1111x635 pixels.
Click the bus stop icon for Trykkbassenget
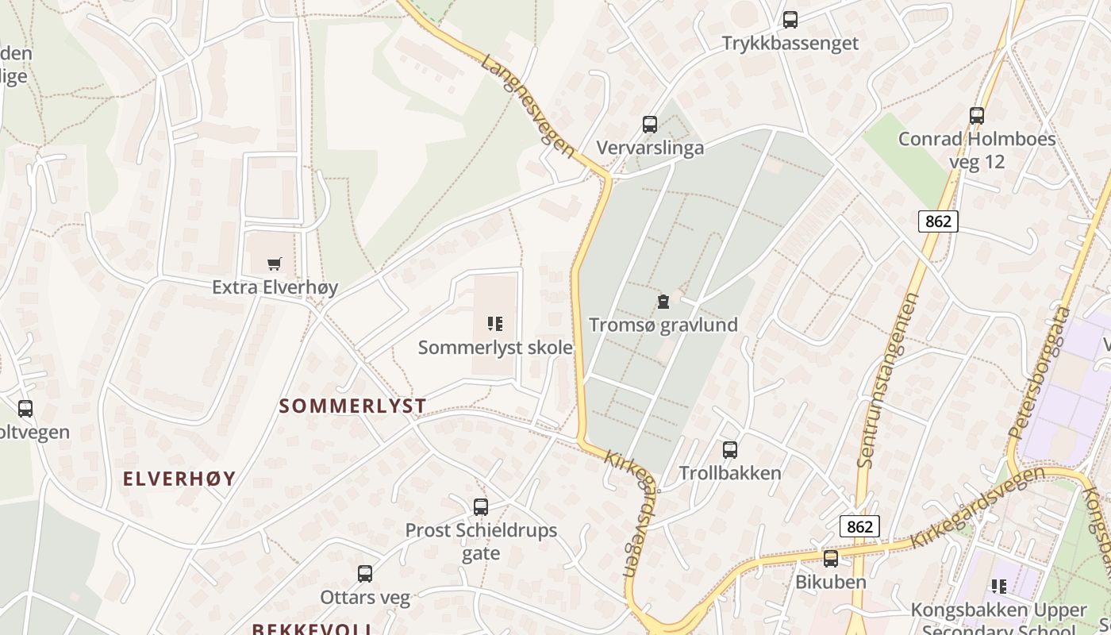(x=790, y=20)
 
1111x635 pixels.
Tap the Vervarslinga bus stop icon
(x=650, y=125)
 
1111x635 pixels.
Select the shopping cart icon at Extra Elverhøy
(x=275, y=264)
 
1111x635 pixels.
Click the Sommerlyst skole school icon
(x=495, y=324)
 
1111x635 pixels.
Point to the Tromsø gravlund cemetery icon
(x=663, y=302)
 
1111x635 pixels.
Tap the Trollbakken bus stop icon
(x=730, y=450)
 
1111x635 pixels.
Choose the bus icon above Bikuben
(x=831, y=559)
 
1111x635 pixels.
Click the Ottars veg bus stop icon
(x=365, y=574)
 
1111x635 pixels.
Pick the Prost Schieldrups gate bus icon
(x=480, y=507)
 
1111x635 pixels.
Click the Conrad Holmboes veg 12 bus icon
(x=977, y=116)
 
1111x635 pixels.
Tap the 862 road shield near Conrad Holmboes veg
(x=938, y=221)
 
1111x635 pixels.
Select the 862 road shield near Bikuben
(x=859, y=526)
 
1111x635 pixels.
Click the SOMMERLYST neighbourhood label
(x=352, y=406)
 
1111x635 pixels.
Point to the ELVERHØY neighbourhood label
(x=179, y=479)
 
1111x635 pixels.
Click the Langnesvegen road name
(x=527, y=106)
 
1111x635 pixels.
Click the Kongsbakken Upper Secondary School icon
(x=999, y=587)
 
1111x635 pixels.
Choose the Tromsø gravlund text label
(x=663, y=325)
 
